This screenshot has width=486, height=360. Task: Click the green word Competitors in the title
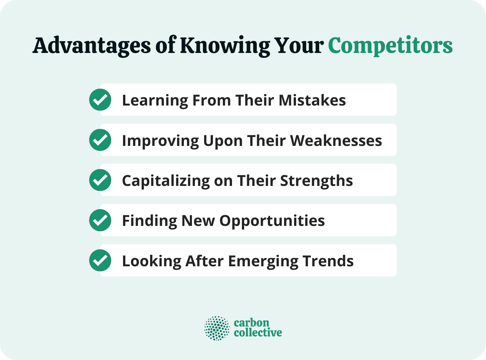[390, 46]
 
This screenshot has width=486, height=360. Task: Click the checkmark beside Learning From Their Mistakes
[100, 100]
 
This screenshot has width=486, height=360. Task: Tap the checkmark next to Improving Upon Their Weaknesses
[100, 140]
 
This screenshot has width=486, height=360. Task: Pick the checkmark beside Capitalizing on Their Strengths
[100, 180]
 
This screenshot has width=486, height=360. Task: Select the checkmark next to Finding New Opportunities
[100, 220]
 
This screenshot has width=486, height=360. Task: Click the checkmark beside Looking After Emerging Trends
[100, 261]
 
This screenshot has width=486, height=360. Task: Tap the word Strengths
[317, 181]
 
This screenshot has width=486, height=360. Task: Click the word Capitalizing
[165, 181]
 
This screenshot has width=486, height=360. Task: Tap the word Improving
[160, 141]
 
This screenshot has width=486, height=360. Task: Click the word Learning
[155, 100]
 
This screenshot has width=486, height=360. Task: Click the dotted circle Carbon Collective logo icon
[217, 328]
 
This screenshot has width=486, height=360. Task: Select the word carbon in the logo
[251, 323]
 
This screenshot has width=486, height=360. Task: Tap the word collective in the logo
[258, 333]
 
